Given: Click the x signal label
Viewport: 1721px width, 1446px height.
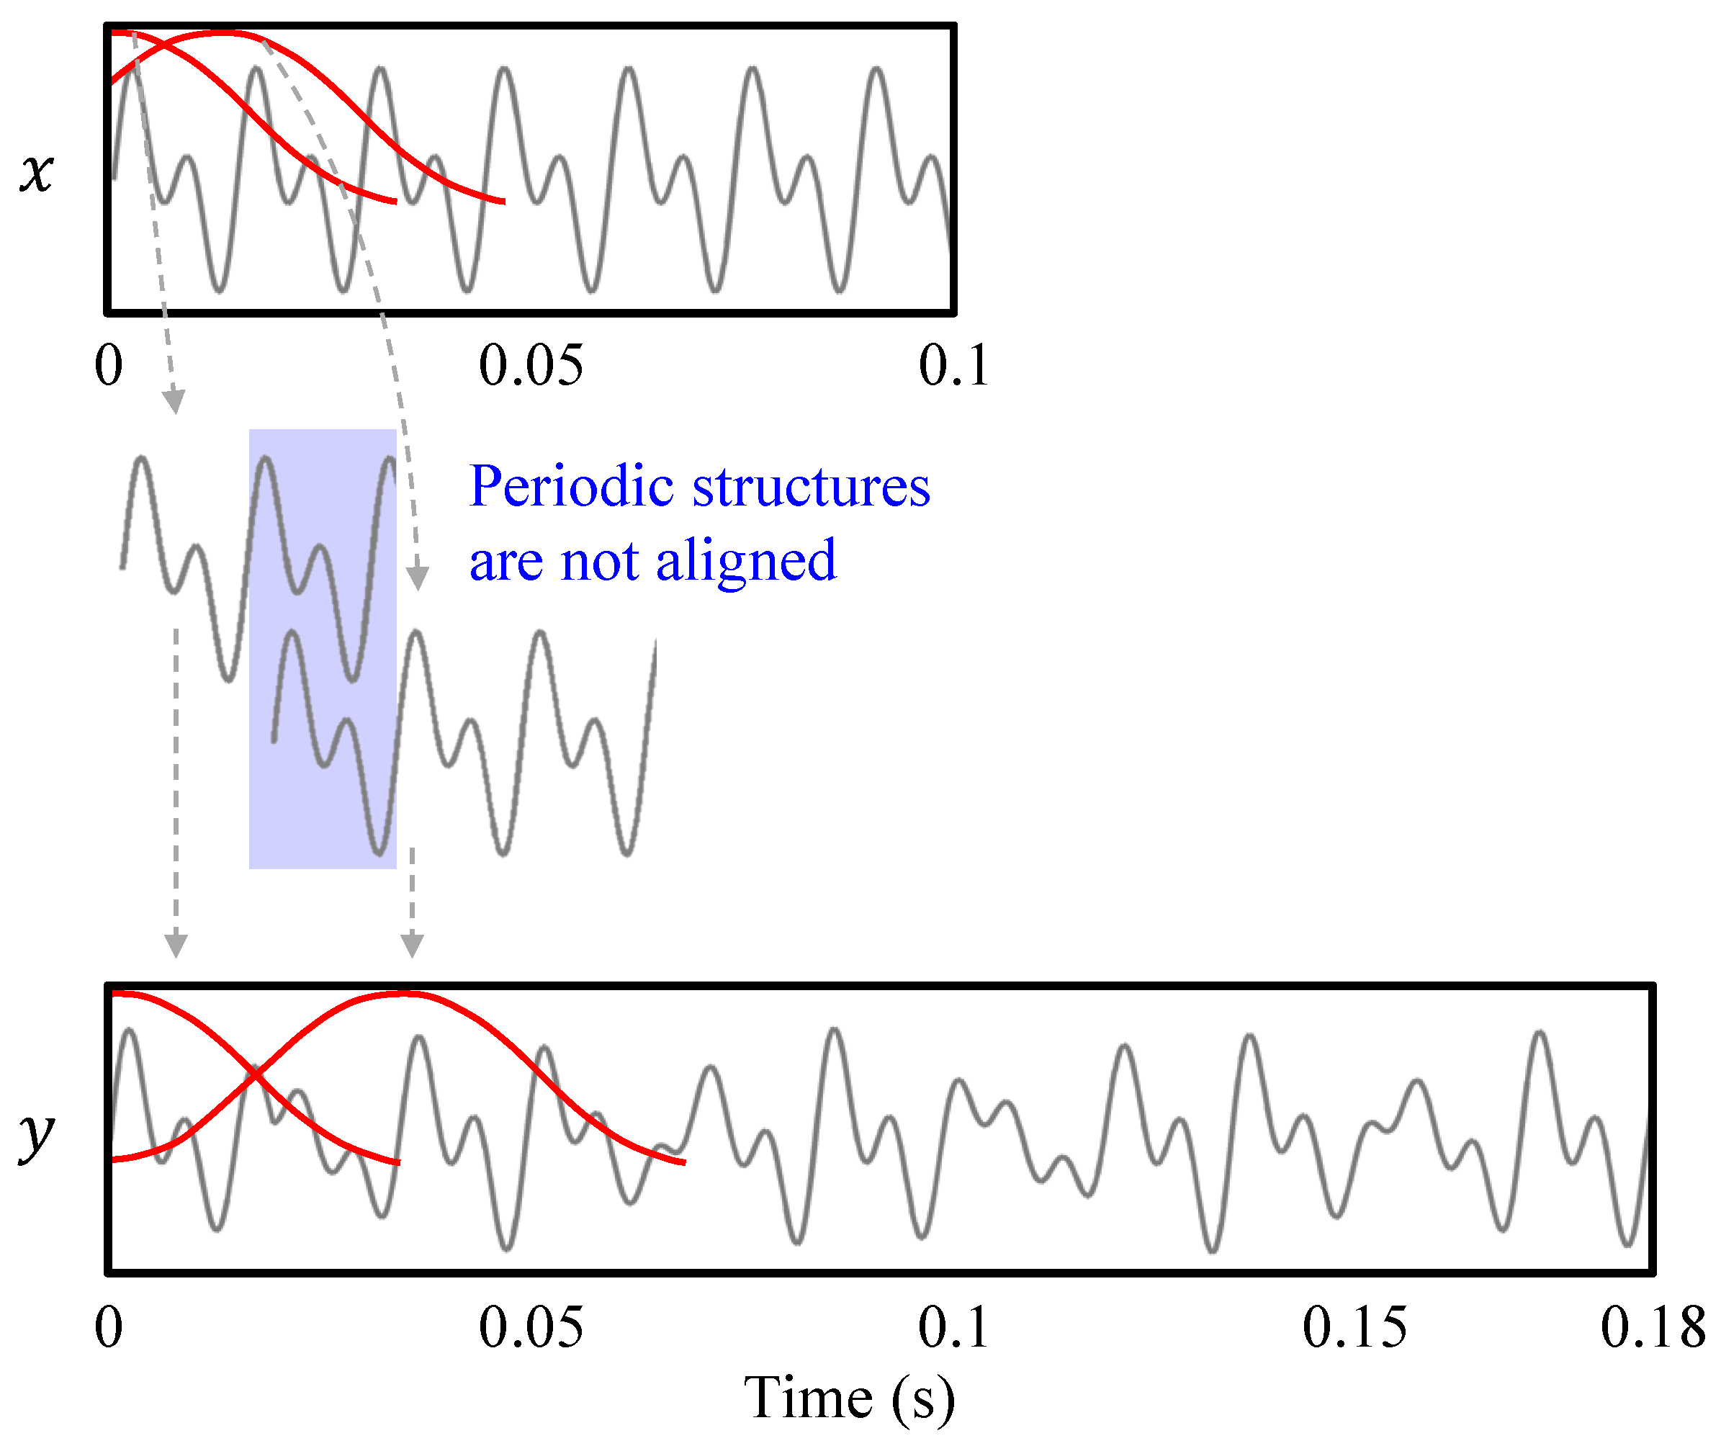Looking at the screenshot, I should (37, 173).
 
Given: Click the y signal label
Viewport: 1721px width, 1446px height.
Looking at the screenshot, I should (37, 1136).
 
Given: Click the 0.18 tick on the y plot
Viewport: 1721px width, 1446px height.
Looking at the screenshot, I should (1652, 1327).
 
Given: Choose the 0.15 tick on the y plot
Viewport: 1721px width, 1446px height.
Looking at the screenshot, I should (1354, 1327).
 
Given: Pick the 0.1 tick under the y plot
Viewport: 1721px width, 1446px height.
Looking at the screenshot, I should (953, 1327).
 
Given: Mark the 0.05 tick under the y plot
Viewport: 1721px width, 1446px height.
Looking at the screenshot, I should (531, 1327).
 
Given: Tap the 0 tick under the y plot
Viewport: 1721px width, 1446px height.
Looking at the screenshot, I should (109, 1327).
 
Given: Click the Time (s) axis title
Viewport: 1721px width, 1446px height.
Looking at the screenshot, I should (849, 1398).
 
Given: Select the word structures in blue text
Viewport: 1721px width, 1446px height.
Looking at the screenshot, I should (812, 487).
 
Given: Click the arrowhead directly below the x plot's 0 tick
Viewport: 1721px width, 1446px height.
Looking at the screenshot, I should (174, 402).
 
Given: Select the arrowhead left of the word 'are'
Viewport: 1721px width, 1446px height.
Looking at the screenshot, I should (418, 578).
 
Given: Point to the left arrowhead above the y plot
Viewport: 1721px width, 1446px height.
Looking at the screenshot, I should (176, 945).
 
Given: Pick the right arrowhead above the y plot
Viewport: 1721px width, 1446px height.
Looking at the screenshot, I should (412, 945).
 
